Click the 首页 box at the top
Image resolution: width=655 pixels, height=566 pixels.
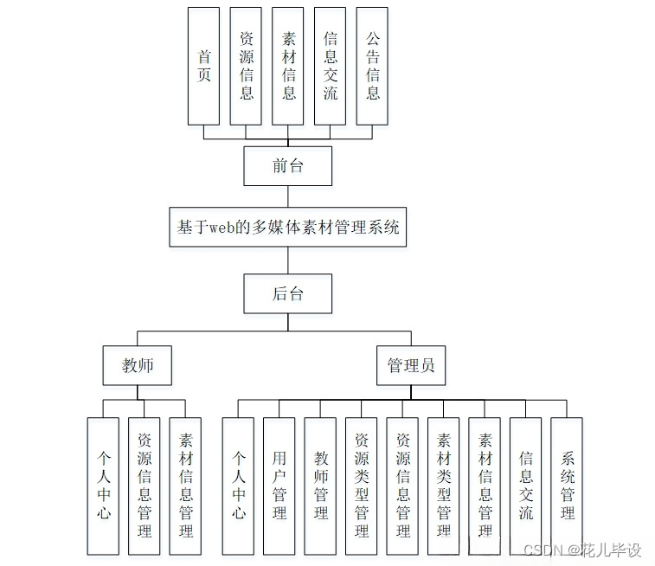204,66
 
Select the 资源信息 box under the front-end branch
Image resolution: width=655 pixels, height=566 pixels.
247,66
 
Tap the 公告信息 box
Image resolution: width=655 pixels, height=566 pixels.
373,66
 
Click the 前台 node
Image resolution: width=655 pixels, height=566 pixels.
288,165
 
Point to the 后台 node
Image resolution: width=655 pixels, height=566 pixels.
288,293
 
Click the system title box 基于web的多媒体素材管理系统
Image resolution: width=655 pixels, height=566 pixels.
288,228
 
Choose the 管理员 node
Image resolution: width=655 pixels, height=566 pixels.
411,366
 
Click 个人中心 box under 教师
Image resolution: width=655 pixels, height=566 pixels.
104,486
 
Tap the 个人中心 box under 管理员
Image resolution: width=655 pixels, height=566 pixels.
238,486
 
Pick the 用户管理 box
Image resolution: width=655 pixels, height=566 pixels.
279,486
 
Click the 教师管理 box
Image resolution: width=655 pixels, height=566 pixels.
321,486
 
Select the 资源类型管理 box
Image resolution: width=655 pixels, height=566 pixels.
362,486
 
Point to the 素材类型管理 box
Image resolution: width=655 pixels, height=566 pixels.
444,486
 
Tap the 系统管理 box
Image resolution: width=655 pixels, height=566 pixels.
568,486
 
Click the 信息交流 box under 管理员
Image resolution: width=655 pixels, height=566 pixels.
526,486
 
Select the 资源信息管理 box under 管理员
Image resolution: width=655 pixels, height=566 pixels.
403,486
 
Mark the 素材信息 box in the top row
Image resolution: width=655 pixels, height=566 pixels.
289,66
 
